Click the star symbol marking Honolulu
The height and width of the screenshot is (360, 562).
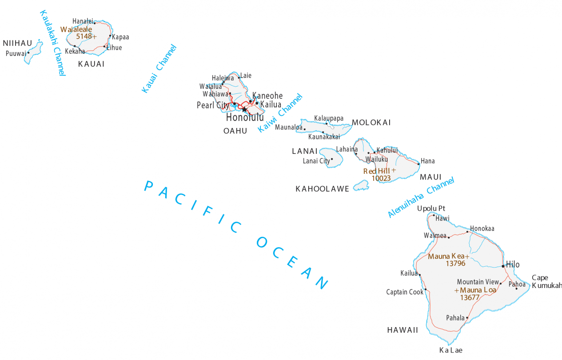(244, 109)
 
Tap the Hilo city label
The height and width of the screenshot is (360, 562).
(513, 265)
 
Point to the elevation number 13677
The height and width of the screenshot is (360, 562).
(470, 298)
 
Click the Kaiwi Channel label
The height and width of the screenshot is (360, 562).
(280, 113)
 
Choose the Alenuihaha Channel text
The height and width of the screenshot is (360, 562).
(421, 197)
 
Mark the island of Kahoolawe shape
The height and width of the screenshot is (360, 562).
(362, 185)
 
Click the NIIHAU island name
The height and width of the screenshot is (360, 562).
(17, 43)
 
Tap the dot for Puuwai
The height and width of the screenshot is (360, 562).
(28, 52)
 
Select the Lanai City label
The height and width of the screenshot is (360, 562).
(316, 161)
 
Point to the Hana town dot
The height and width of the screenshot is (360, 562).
(419, 164)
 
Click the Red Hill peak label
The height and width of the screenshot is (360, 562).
(376, 171)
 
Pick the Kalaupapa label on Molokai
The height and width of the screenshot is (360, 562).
(329, 118)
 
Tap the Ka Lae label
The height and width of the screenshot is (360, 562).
(450, 350)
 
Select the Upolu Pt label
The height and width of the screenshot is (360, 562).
(431, 208)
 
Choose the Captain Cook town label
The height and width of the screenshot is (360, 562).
(405, 292)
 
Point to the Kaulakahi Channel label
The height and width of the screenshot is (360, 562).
(52, 43)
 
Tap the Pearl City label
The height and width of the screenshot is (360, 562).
(213, 105)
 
